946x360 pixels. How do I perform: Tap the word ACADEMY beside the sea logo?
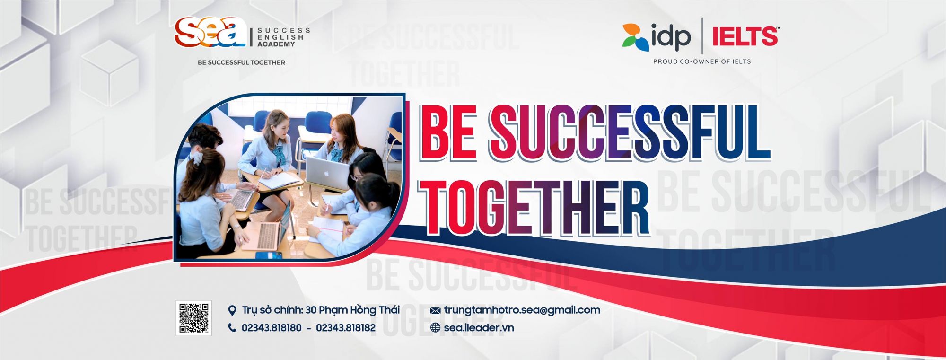click(x=276, y=44)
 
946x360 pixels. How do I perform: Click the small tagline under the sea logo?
click(x=241, y=62)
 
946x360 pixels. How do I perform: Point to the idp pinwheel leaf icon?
click(x=635, y=36)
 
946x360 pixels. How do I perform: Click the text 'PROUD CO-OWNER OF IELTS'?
click(x=702, y=61)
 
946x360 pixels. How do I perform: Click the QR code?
click(x=193, y=318)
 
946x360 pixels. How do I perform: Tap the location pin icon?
click(x=232, y=310)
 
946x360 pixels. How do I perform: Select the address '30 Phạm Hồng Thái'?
click(x=352, y=310)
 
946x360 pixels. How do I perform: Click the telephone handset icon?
click(x=232, y=327)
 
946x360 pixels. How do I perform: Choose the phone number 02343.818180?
click(x=272, y=328)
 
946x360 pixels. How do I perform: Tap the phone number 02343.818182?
click(x=346, y=328)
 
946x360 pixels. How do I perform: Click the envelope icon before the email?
click(x=436, y=311)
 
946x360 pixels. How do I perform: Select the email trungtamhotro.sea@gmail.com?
click(x=522, y=310)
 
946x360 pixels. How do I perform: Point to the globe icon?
click(x=436, y=327)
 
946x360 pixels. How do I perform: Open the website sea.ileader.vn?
click(x=479, y=327)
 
